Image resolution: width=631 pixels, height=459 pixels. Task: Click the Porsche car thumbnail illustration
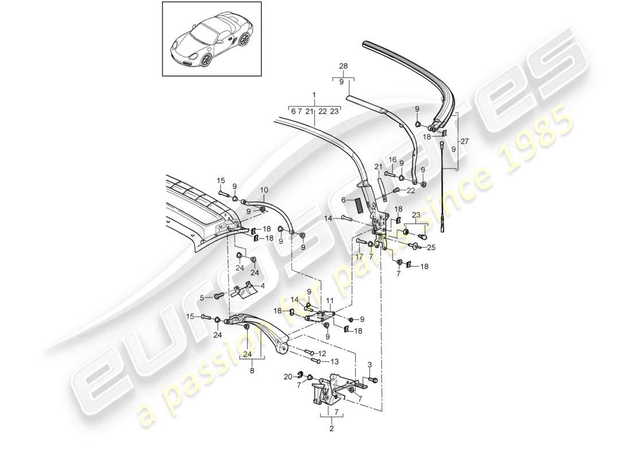(212, 39)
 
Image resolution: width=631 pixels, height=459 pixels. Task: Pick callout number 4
(263, 285)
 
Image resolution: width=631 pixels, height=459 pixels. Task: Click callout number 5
(202, 297)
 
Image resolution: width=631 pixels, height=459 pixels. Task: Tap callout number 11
(329, 301)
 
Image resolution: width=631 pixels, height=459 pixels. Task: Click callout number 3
(369, 365)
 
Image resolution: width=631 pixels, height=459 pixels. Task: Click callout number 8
(252, 372)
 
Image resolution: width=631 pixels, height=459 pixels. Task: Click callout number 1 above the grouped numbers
(314, 94)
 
